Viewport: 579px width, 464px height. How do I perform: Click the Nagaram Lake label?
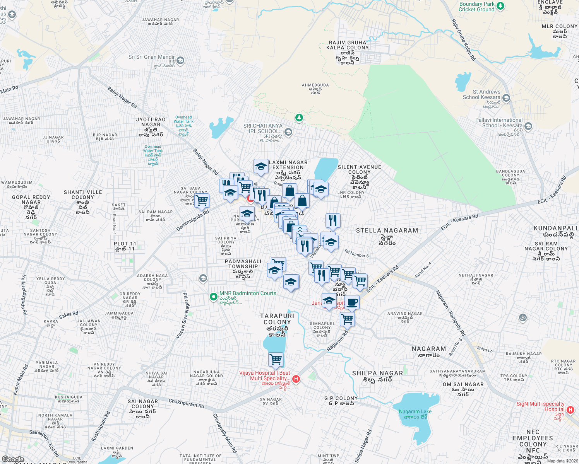415,414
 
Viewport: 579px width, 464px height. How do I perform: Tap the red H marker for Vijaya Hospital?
296,379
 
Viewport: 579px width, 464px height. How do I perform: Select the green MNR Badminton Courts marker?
213,297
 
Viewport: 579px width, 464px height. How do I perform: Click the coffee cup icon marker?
352,302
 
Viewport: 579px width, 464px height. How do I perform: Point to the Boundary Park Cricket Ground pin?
500,6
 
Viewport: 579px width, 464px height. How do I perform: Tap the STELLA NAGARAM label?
387,230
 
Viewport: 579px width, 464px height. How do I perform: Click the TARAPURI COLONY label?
277,319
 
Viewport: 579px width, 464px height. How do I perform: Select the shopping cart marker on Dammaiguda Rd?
202,200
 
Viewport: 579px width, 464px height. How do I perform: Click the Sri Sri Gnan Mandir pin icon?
180,61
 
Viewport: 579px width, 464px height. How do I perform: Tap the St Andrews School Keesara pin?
506,98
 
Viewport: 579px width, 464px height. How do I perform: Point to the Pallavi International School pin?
528,126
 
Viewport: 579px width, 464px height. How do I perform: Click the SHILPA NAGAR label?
377,373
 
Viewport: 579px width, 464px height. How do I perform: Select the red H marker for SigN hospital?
570,410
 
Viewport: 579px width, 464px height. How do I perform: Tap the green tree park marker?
299,117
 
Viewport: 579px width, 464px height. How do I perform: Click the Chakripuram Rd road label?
186,403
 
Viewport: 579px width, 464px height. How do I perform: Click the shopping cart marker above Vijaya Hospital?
276,359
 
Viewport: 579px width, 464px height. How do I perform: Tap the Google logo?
13,459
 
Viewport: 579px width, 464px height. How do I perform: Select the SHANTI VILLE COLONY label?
83,194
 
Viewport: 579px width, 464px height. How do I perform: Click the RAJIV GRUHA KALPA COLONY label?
348,45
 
